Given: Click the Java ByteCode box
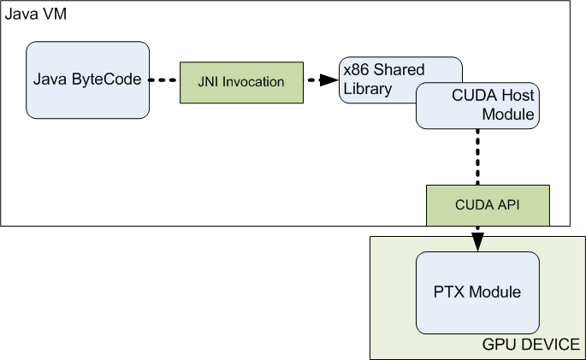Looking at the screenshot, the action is tap(87, 80).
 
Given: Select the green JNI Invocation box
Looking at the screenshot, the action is tap(241, 83).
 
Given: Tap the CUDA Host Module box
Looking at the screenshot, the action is tap(477, 106).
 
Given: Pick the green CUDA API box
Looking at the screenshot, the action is tap(488, 205).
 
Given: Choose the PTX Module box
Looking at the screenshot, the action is tap(477, 292).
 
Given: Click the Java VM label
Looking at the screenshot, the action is tap(36, 15).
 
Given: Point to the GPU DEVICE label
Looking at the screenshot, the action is tap(531, 345).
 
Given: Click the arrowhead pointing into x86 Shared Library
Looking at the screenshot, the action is tap(329, 80).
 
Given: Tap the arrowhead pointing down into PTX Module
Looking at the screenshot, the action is tap(477, 242).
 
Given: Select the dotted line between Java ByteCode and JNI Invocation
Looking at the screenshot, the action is tap(163, 80).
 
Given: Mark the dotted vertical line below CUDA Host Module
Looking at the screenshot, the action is tap(477, 156).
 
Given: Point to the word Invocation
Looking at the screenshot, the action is tap(253, 82).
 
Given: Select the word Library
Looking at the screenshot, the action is tap(367, 89).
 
